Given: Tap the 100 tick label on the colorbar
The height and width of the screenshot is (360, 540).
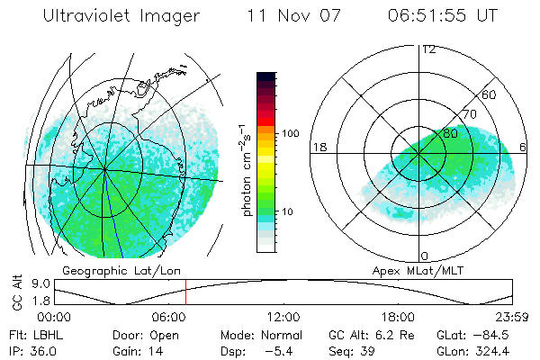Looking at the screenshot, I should tap(290, 133).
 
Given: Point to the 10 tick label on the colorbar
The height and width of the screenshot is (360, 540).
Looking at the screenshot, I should tap(290, 212).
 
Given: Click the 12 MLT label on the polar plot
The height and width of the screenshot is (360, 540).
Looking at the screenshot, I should tap(427, 49).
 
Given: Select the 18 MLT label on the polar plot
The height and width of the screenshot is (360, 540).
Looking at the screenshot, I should tap(318, 147).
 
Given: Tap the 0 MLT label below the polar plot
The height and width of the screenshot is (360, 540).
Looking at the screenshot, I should tap(425, 256).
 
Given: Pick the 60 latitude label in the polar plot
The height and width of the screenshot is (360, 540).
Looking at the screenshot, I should tap(490, 94).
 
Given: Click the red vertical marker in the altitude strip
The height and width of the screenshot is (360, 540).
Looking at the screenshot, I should tap(185, 292).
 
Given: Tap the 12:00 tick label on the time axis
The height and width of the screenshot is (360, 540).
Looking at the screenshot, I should tap(283, 317).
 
